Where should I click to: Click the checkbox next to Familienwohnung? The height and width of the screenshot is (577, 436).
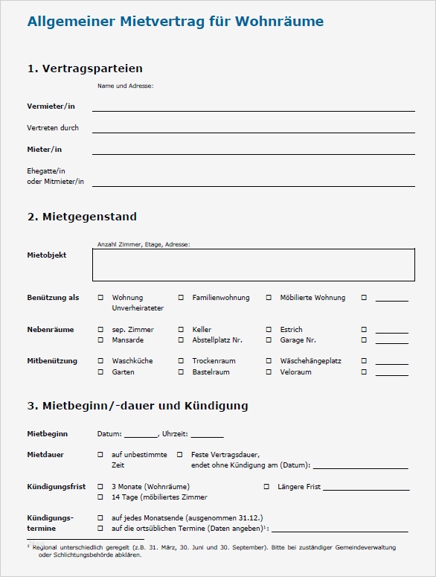[x=181, y=298]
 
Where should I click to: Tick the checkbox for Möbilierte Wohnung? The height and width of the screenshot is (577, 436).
[x=269, y=298]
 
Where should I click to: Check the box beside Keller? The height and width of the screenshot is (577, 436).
[x=181, y=329]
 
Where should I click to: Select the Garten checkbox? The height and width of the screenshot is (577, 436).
[x=100, y=372]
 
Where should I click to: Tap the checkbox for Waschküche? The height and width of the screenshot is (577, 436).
[x=100, y=361]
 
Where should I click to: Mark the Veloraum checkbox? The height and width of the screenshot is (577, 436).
[x=269, y=372]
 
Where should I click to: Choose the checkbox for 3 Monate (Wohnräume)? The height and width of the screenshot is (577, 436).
[x=100, y=486]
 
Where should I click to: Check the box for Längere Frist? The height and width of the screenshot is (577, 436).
[x=266, y=486]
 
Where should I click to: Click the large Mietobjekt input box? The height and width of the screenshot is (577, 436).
[x=253, y=264]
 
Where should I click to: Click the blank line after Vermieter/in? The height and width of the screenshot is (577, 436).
[x=253, y=106]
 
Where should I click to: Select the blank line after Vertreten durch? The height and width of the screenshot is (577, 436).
[x=253, y=128]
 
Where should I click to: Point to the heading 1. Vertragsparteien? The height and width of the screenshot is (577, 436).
[x=85, y=68]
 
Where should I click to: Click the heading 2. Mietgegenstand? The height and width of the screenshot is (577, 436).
[x=82, y=217]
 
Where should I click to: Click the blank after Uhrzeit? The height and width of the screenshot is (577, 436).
[x=207, y=434]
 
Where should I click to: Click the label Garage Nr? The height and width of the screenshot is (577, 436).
[x=298, y=340]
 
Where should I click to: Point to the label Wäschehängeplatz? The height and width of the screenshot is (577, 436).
[x=310, y=361]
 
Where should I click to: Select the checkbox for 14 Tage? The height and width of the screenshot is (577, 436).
[x=100, y=497]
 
